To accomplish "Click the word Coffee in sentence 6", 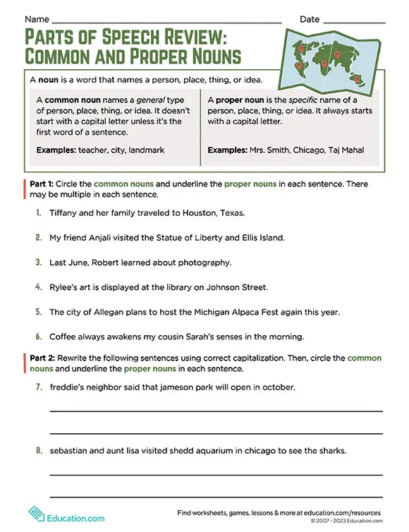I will coord(63,337).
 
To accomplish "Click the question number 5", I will coord(37,313).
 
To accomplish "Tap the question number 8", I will coord(37,450).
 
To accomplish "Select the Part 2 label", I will coord(44,358).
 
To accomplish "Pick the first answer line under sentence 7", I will coord(215,411).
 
